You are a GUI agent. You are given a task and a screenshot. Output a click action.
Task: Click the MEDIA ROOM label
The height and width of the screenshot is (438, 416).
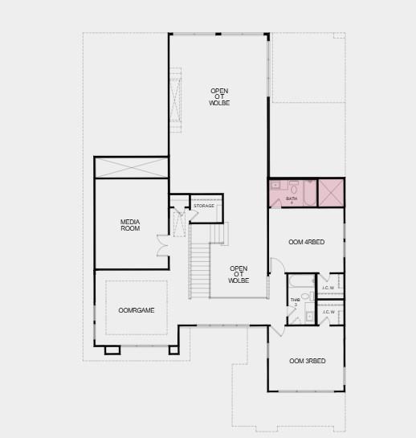tap(130, 225)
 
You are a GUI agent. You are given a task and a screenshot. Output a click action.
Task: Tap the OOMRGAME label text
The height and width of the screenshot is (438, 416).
tap(137, 309)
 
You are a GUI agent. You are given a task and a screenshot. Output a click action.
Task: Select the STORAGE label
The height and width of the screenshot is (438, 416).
tap(204, 206)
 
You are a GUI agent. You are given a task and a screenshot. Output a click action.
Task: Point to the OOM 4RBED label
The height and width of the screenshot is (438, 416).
tap(306, 243)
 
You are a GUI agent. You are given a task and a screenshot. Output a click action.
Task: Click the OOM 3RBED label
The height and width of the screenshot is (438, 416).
tap(308, 361)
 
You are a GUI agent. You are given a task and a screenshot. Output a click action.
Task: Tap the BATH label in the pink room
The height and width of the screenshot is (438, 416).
tap(292, 198)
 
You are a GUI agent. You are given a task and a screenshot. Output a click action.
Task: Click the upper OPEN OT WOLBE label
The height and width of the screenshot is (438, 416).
tap(219, 96)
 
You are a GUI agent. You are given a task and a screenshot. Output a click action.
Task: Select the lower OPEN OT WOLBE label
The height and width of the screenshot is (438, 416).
tap(239, 275)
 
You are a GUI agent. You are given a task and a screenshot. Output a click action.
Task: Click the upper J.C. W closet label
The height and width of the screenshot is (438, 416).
tap(328, 287)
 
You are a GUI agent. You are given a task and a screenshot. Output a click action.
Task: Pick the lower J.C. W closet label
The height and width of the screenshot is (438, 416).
tap(328, 312)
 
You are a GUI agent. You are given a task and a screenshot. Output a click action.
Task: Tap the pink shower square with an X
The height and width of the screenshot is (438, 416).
tap(331, 193)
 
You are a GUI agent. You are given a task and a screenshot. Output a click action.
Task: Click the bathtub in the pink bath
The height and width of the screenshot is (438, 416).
tap(309, 193)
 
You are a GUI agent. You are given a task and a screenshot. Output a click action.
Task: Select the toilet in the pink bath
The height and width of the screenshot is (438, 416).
tap(293, 186)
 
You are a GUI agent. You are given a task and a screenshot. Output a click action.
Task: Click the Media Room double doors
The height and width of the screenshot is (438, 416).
tap(163, 245)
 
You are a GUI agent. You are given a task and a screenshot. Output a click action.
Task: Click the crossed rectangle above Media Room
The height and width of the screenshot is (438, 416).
tap(132, 168)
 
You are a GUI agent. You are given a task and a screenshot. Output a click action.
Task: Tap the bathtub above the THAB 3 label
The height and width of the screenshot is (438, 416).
tap(302, 280)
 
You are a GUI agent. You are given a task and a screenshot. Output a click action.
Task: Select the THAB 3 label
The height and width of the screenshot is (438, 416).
tap(295, 302)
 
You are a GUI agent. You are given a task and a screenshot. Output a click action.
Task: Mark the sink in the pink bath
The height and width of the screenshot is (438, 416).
tap(276, 186)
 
